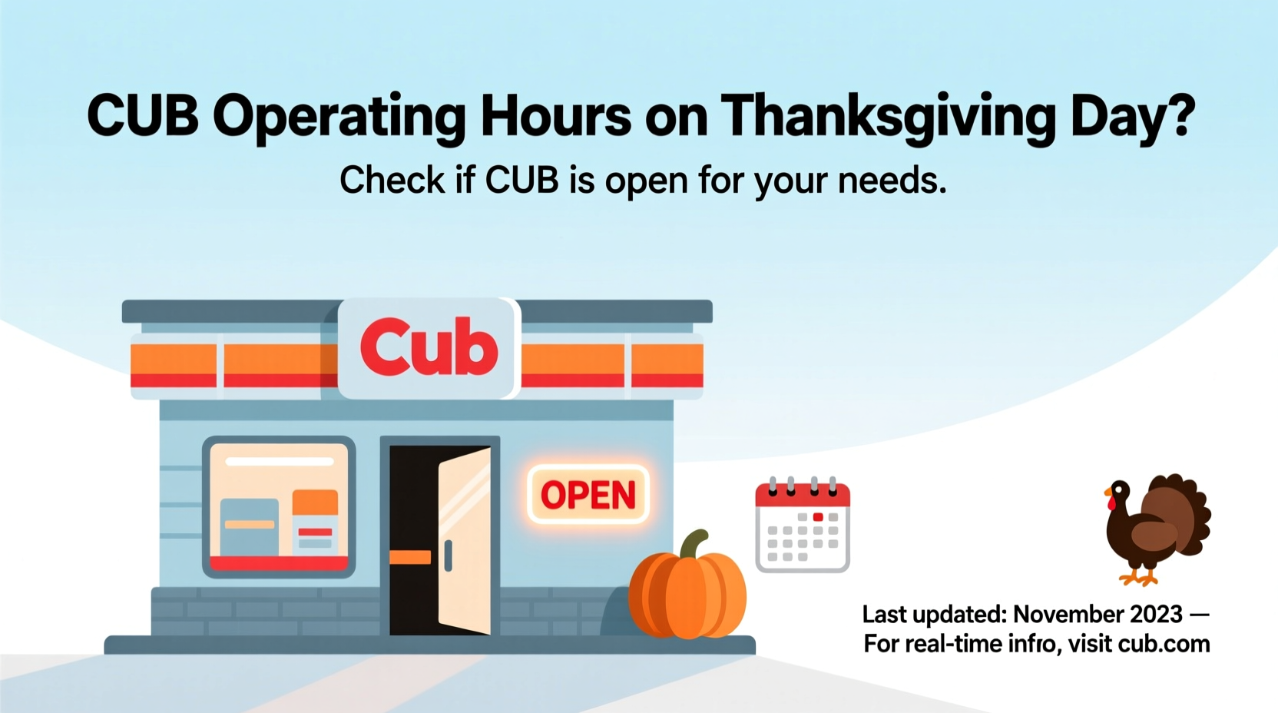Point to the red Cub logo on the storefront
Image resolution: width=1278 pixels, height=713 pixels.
(x=429, y=348)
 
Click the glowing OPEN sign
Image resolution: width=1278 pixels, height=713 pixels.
(x=588, y=495)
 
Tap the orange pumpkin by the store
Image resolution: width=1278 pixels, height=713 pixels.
(x=687, y=595)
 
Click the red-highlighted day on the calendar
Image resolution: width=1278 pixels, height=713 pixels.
(x=818, y=517)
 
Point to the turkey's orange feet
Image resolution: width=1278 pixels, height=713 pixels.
(x=1138, y=577)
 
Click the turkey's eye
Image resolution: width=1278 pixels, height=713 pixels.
(x=1118, y=487)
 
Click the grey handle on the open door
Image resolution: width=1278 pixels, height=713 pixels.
(x=448, y=555)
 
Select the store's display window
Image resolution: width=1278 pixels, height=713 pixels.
(x=279, y=506)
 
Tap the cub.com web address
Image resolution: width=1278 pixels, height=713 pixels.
(x=1164, y=644)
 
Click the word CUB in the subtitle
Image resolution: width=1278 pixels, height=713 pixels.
(x=521, y=181)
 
